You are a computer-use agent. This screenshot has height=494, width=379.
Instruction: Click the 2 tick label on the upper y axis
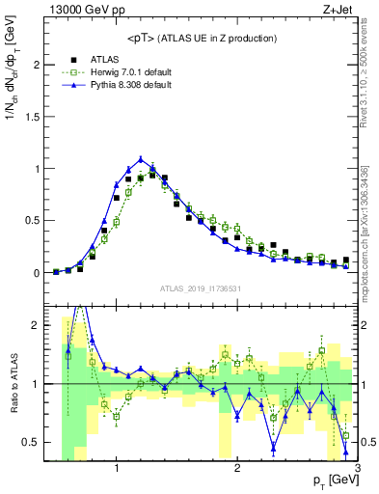coord(36,65)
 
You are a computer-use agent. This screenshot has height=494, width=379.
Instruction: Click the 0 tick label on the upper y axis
coord(36,273)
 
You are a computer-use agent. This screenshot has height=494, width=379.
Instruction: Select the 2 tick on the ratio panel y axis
coord(36,326)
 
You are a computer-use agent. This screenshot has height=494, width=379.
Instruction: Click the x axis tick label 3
coord(357,468)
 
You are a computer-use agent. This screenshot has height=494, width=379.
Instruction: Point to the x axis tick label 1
coord(117,468)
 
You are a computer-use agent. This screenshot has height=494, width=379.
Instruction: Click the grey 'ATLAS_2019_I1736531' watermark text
coord(201,288)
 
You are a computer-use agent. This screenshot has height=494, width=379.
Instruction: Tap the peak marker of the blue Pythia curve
coord(141,159)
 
